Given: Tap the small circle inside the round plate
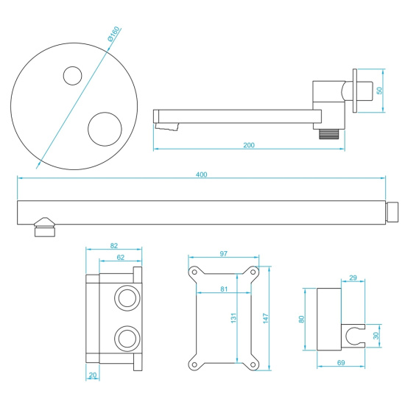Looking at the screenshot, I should point(72,77).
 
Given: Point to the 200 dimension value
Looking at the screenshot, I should point(249,145).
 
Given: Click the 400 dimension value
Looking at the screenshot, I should point(202,175).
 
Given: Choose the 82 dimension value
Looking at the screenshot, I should point(113,246).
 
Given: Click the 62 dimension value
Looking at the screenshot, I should point(120,257).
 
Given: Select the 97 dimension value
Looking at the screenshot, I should point(224,254).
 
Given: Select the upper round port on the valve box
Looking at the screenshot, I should point(124,299).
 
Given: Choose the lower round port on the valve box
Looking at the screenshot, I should point(124,339).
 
